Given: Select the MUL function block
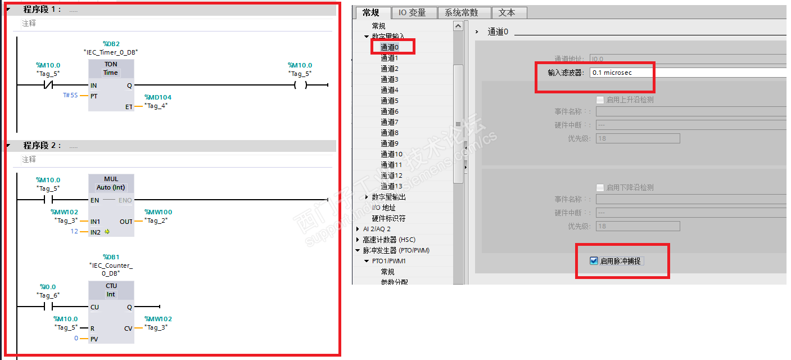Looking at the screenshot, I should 111,205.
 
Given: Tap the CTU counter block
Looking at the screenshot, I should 111,312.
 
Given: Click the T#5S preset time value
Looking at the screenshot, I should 70,96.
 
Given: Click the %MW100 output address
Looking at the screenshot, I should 158,212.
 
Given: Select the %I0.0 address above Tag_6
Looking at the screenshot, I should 48,287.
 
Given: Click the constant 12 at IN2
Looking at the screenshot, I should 74,232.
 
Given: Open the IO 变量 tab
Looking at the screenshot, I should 412,12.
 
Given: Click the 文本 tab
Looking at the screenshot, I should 507,12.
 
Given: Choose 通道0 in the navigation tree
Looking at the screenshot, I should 389,47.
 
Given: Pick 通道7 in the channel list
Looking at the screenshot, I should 389,122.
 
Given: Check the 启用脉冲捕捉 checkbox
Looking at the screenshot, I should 594,261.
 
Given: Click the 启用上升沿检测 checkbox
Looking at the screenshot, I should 600,100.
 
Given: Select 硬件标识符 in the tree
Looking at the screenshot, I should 388,218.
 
